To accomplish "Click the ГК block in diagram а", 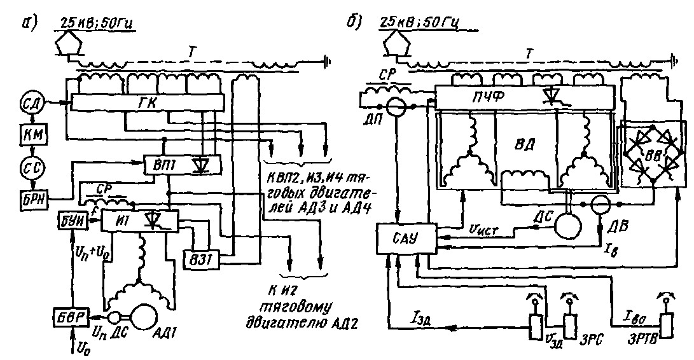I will point(148,101).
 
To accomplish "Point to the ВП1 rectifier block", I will point(181,165).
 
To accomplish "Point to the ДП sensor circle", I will point(397,106).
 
